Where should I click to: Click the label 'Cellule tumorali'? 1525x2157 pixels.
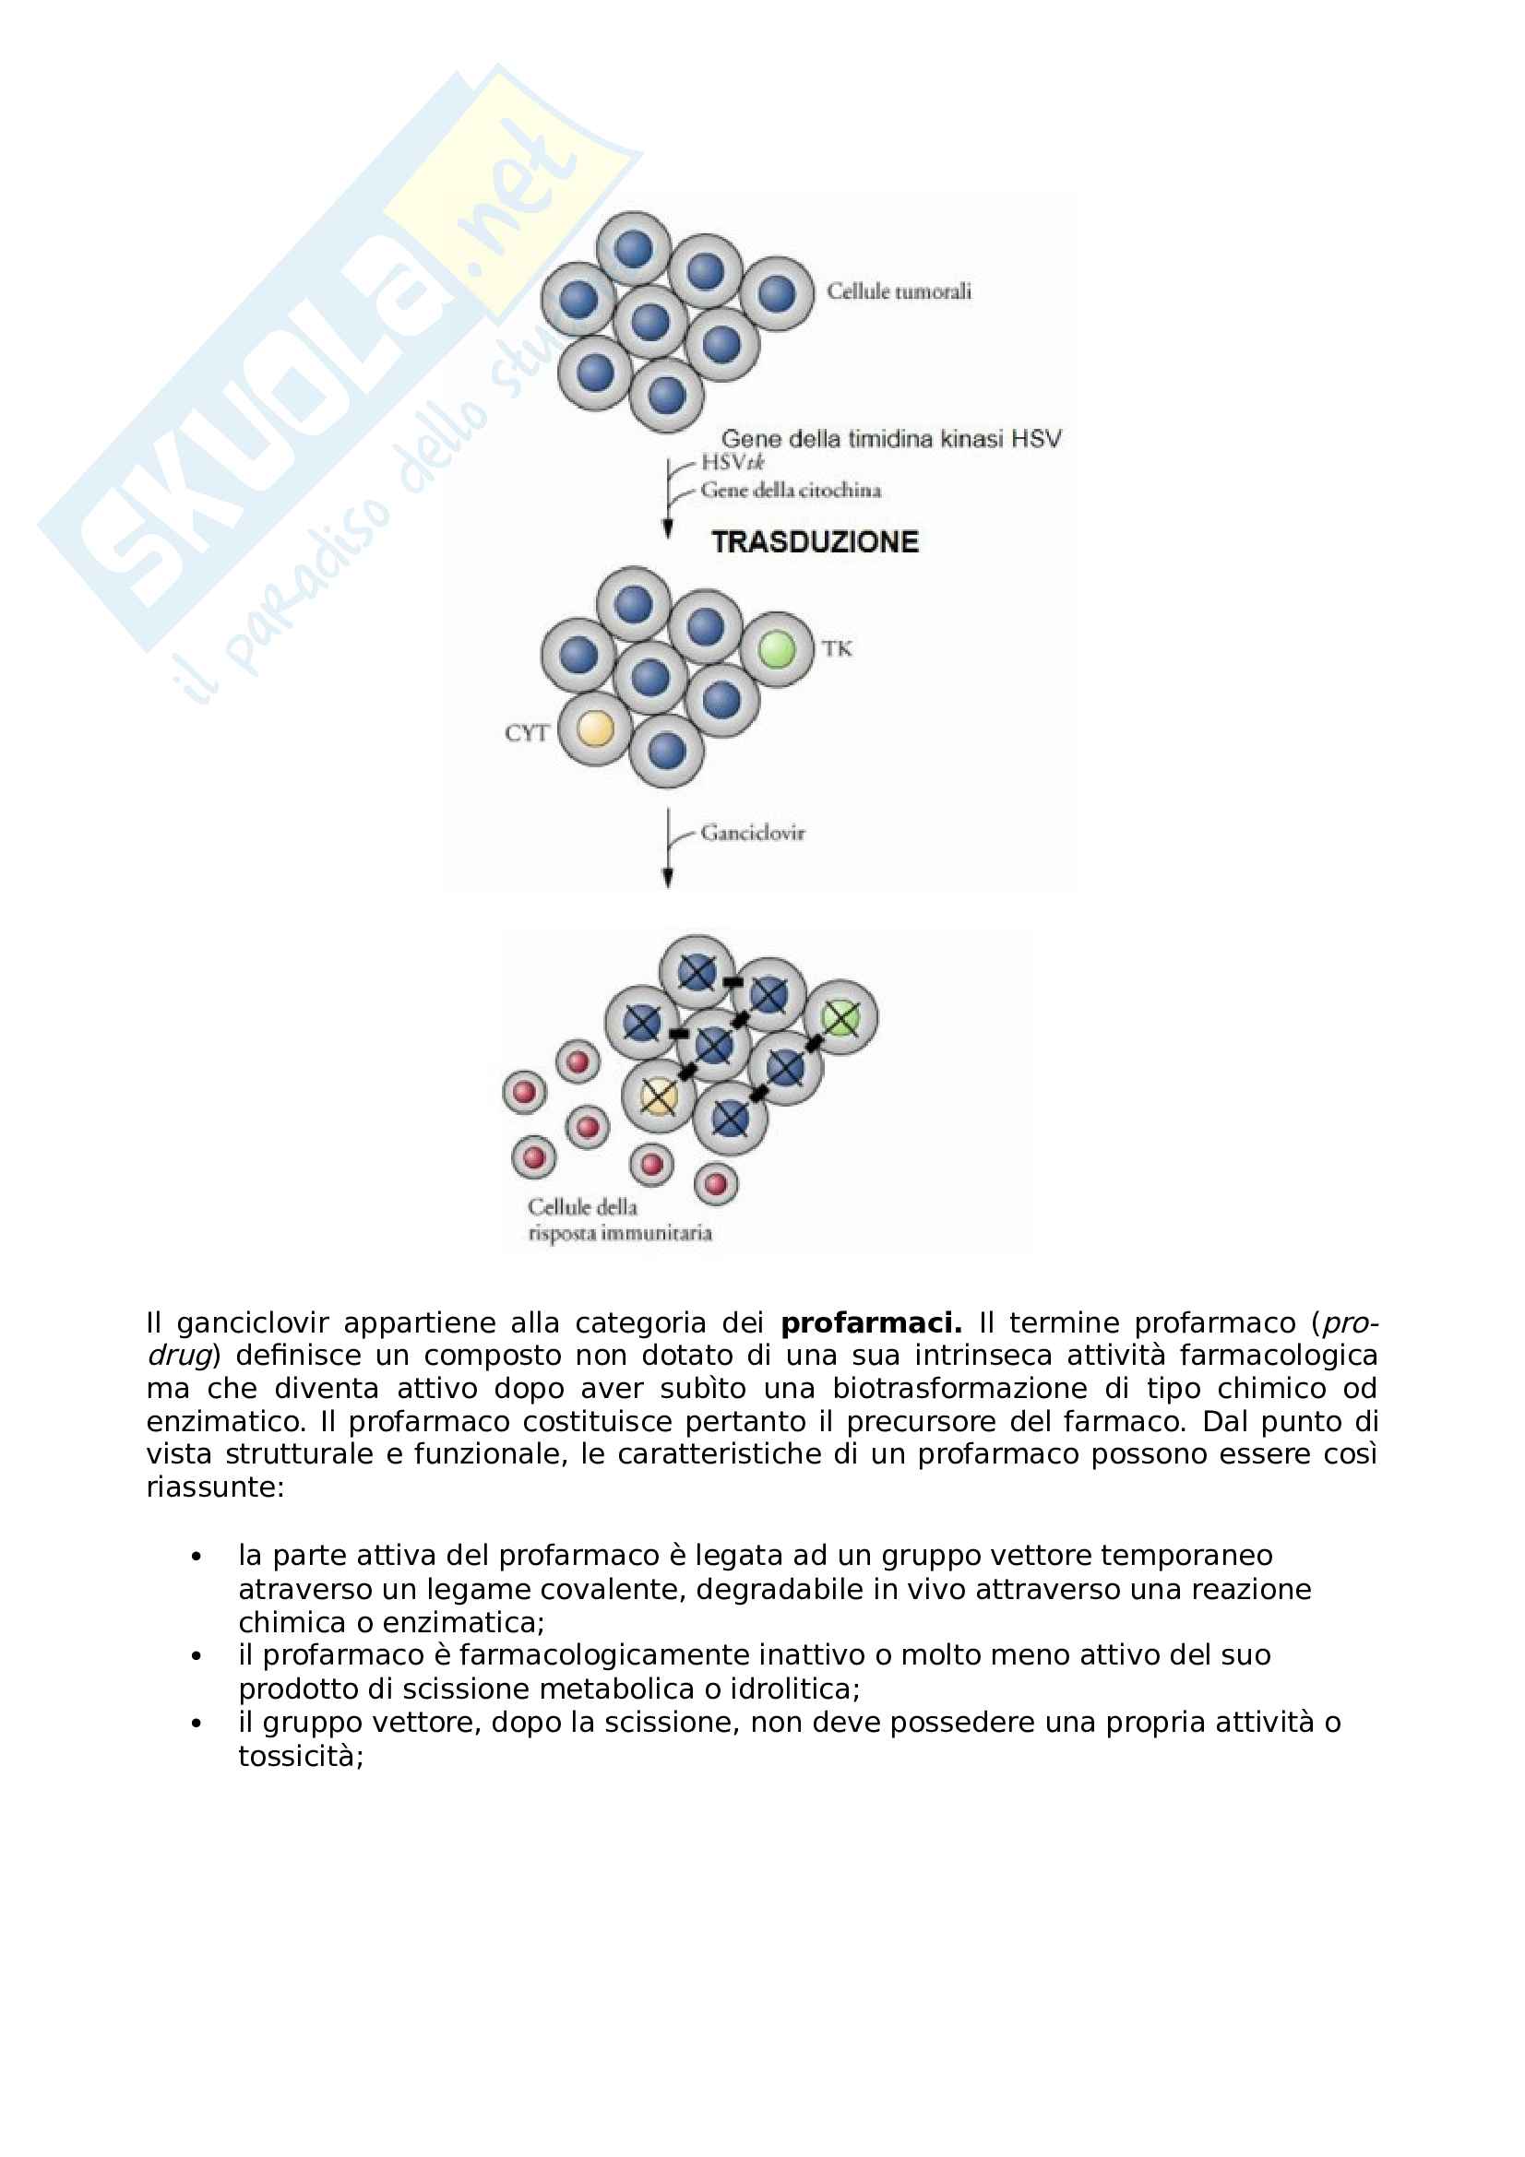pos(899,291)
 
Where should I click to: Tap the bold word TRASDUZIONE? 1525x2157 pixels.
pos(815,542)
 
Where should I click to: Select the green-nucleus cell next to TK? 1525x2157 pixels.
pos(777,649)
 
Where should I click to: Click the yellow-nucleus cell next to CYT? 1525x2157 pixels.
pos(595,729)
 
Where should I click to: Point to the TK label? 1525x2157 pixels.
pos(836,648)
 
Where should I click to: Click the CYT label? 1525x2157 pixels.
pos(526,733)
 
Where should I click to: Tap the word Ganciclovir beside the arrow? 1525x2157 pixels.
pos(753,834)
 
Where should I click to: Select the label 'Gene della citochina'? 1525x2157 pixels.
pos(792,490)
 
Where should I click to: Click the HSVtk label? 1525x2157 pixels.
pos(733,462)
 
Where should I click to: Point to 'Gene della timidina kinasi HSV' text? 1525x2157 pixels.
pos(891,439)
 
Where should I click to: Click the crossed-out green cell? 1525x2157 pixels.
pos(841,1017)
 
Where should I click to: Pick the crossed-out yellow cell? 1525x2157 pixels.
pos(659,1096)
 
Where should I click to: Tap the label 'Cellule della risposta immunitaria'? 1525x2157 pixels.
pos(619,1219)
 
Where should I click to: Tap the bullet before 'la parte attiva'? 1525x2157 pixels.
pos(197,1558)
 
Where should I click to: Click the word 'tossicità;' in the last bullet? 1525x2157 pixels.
pos(301,1757)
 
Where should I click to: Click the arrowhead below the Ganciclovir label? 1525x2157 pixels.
pos(668,879)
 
